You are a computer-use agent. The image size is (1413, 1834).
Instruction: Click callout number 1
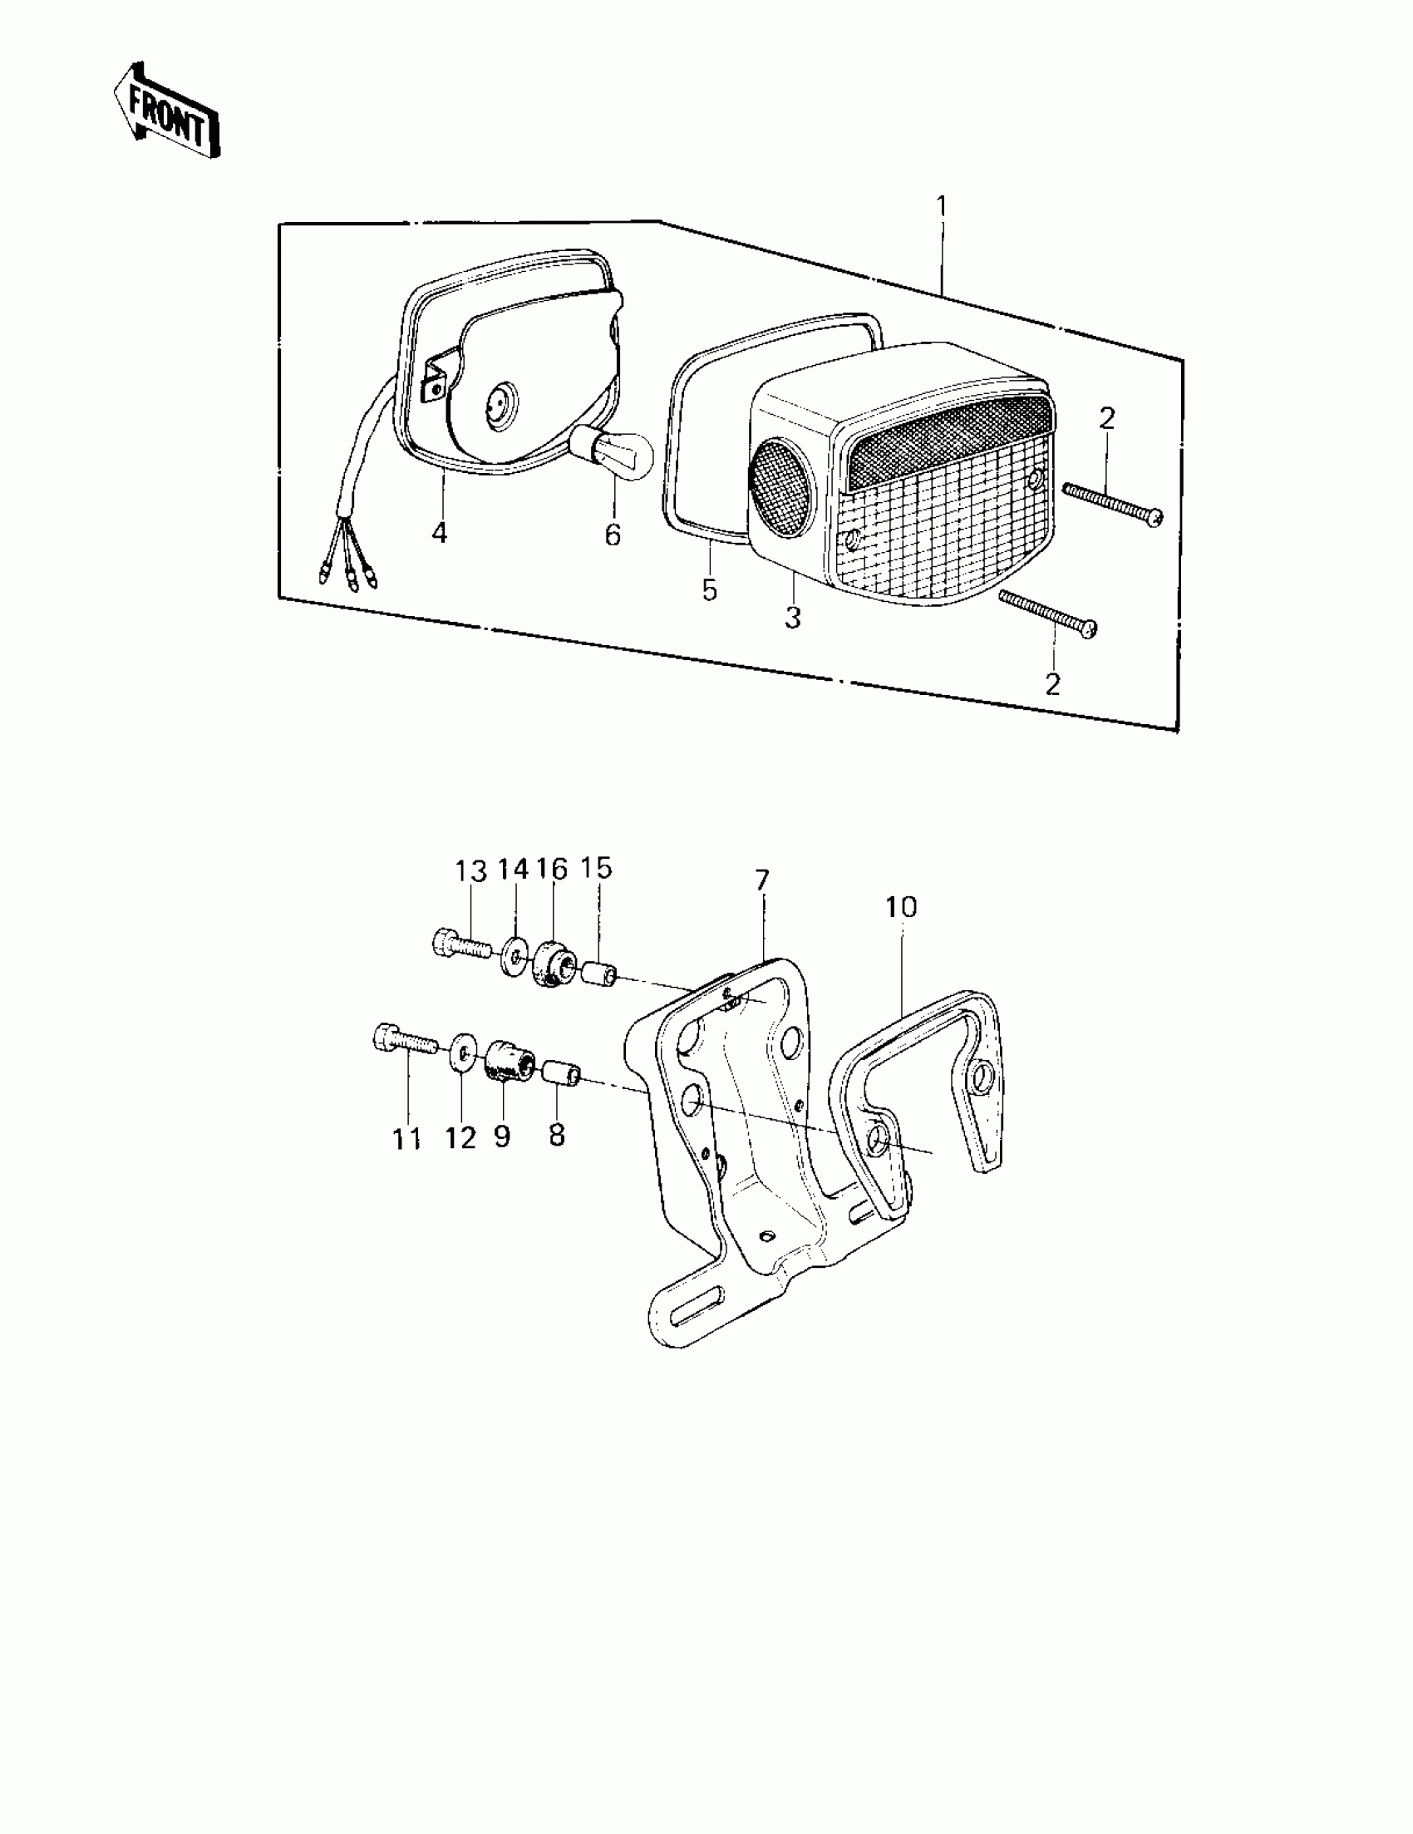coord(941,205)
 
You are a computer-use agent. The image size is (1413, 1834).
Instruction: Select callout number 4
coord(439,532)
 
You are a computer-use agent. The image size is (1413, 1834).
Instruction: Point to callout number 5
coord(710,590)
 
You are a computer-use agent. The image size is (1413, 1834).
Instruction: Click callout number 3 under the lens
coord(793,618)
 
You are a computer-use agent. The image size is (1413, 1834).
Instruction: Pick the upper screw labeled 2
coord(1112,502)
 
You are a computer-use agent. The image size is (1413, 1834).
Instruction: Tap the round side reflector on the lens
coord(781,476)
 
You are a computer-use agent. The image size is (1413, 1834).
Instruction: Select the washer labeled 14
coord(512,957)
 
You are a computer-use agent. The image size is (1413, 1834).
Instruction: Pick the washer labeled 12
coord(462,1054)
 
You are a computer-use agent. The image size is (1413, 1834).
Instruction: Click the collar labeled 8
coord(560,1074)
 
